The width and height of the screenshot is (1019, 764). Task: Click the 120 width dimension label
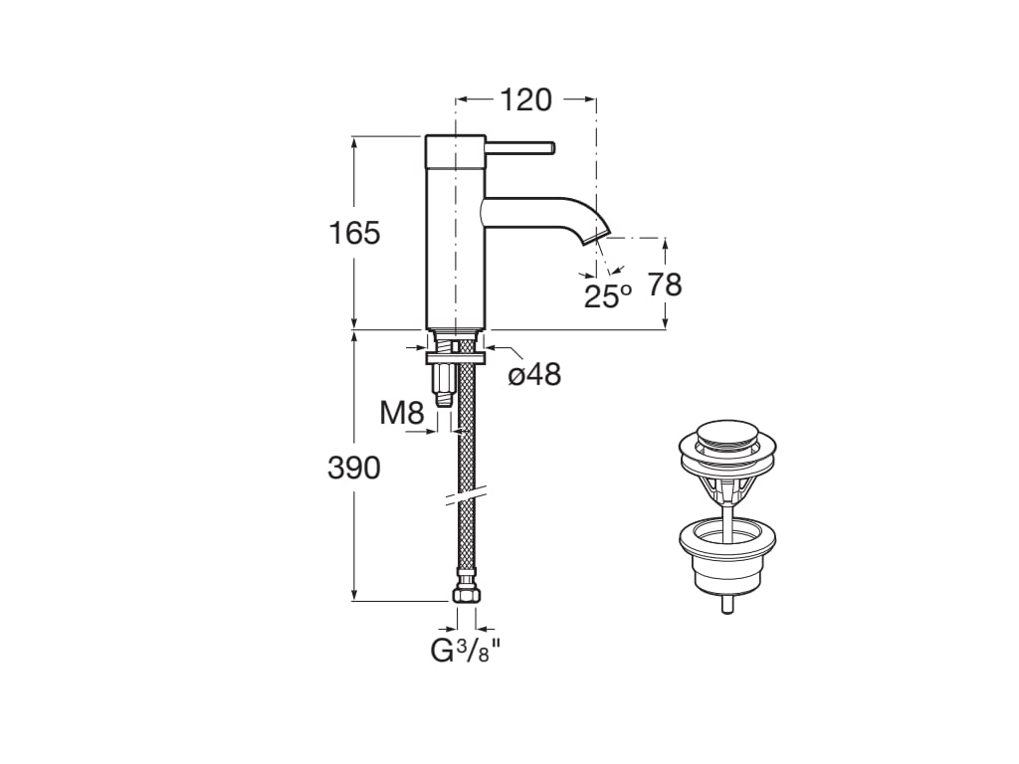coord(525,100)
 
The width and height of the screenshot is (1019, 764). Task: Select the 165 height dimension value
coord(354,233)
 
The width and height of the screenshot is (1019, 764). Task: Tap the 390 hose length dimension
coord(353,468)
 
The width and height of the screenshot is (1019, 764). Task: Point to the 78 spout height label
coord(665,285)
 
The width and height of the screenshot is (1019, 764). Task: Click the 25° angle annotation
coord(607,295)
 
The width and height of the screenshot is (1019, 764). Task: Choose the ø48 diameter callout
coord(534,374)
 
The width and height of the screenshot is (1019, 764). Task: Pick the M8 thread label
coord(402,413)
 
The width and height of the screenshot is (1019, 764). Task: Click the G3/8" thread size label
coord(466,651)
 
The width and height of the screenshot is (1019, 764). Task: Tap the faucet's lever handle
coord(519,148)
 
